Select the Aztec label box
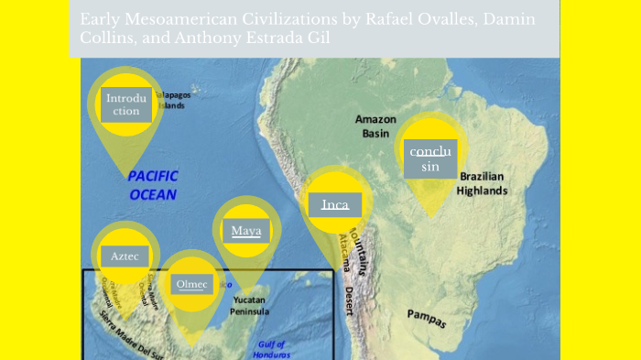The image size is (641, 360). [125, 256]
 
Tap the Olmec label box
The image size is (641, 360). [192, 284]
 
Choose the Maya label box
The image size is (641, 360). [245, 230]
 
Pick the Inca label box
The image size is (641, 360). [335, 204]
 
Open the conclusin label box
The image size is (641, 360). [429, 158]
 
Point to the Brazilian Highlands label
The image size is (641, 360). [483, 183]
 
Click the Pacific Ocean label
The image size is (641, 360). [153, 184]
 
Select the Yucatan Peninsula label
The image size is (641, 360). [251, 305]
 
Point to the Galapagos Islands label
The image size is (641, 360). [172, 100]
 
